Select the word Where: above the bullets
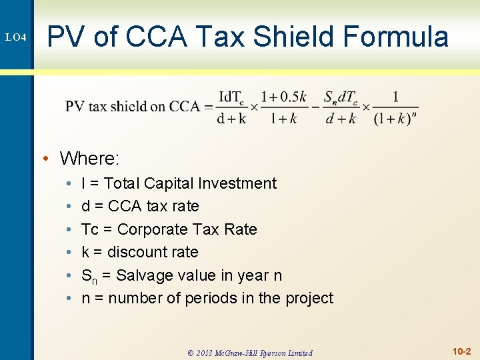click(x=89, y=158)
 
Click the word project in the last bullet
click(x=309, y=298)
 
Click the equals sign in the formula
click(x=208, y=107)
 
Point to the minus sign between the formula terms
click(x=315, y=107)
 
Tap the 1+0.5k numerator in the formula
click(x=283, y=96)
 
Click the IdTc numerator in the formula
click(x=231, y=96)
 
